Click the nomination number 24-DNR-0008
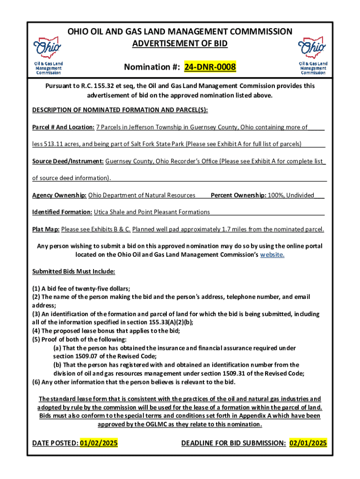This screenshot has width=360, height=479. (210, 68)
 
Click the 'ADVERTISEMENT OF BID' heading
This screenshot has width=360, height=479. (180, 44)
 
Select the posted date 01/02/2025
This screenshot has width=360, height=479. (99, 443)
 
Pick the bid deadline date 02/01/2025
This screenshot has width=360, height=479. (308, 443)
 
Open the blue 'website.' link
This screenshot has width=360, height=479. (272, 254)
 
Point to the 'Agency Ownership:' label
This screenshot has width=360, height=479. (59, 195)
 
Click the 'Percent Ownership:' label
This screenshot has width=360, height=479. (238, 195)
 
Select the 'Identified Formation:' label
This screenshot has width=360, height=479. (62, 212)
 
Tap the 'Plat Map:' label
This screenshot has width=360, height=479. (46, 229)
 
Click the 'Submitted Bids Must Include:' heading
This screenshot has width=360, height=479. (73, 271)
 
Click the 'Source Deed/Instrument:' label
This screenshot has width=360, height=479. (68, 161)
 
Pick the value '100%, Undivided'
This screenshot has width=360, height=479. (291, 195)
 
